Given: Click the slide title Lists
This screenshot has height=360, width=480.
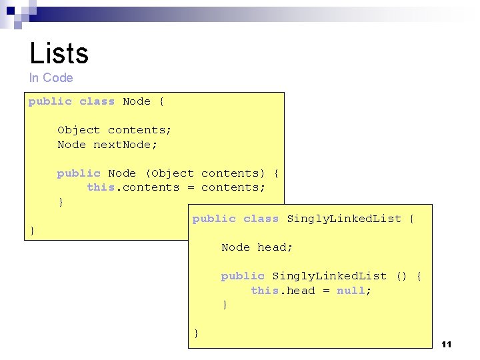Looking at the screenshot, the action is tap(59, 53).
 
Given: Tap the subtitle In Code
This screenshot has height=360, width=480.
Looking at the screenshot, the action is tap(51, 78).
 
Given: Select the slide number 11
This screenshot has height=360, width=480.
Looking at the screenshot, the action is tap(446, 344).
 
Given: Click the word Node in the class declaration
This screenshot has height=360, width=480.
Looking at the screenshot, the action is tap(137, 101).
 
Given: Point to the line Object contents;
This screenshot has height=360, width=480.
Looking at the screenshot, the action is tap(114, 130).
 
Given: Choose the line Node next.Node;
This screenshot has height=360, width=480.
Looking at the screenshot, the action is tap(107, 145).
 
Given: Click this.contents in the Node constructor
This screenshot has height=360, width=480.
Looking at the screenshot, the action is tap(133, 187).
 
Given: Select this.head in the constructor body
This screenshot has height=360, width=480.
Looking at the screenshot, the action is tap(283, 291).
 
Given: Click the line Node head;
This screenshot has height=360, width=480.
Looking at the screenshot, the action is tap(257, 247).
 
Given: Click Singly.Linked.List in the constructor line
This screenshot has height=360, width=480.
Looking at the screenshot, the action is tap(329, 276).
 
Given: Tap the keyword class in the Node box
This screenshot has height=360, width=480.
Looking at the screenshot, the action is tap(97, 101).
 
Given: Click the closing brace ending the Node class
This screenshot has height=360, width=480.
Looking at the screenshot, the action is tap(32, 231).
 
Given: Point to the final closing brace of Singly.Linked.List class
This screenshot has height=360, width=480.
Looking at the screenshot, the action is tap(196, 333).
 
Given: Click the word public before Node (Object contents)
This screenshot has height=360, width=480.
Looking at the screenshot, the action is tap(79, 173).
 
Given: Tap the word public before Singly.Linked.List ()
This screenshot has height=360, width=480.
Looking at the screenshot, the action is tap(243, 276).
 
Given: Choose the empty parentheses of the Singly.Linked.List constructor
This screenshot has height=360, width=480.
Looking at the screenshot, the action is tap(401, 276).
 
